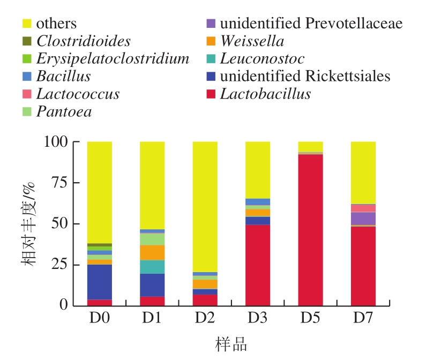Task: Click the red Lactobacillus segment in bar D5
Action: click(310, 230)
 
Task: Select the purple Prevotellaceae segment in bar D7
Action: click(363, 219)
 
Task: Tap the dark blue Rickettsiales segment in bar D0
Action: click(100, 282)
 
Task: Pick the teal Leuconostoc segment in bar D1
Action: click(152, 267)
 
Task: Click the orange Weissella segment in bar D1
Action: click(152, 253)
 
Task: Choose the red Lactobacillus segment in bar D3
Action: click(258, 265)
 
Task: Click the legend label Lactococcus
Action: click(78, 94)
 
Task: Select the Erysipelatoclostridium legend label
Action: click(113, 58)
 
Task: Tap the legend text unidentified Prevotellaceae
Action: click(311, 24)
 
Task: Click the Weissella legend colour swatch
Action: click(211, 41)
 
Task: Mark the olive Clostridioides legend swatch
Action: click(27, 41)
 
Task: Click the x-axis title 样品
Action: click(231, 344)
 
